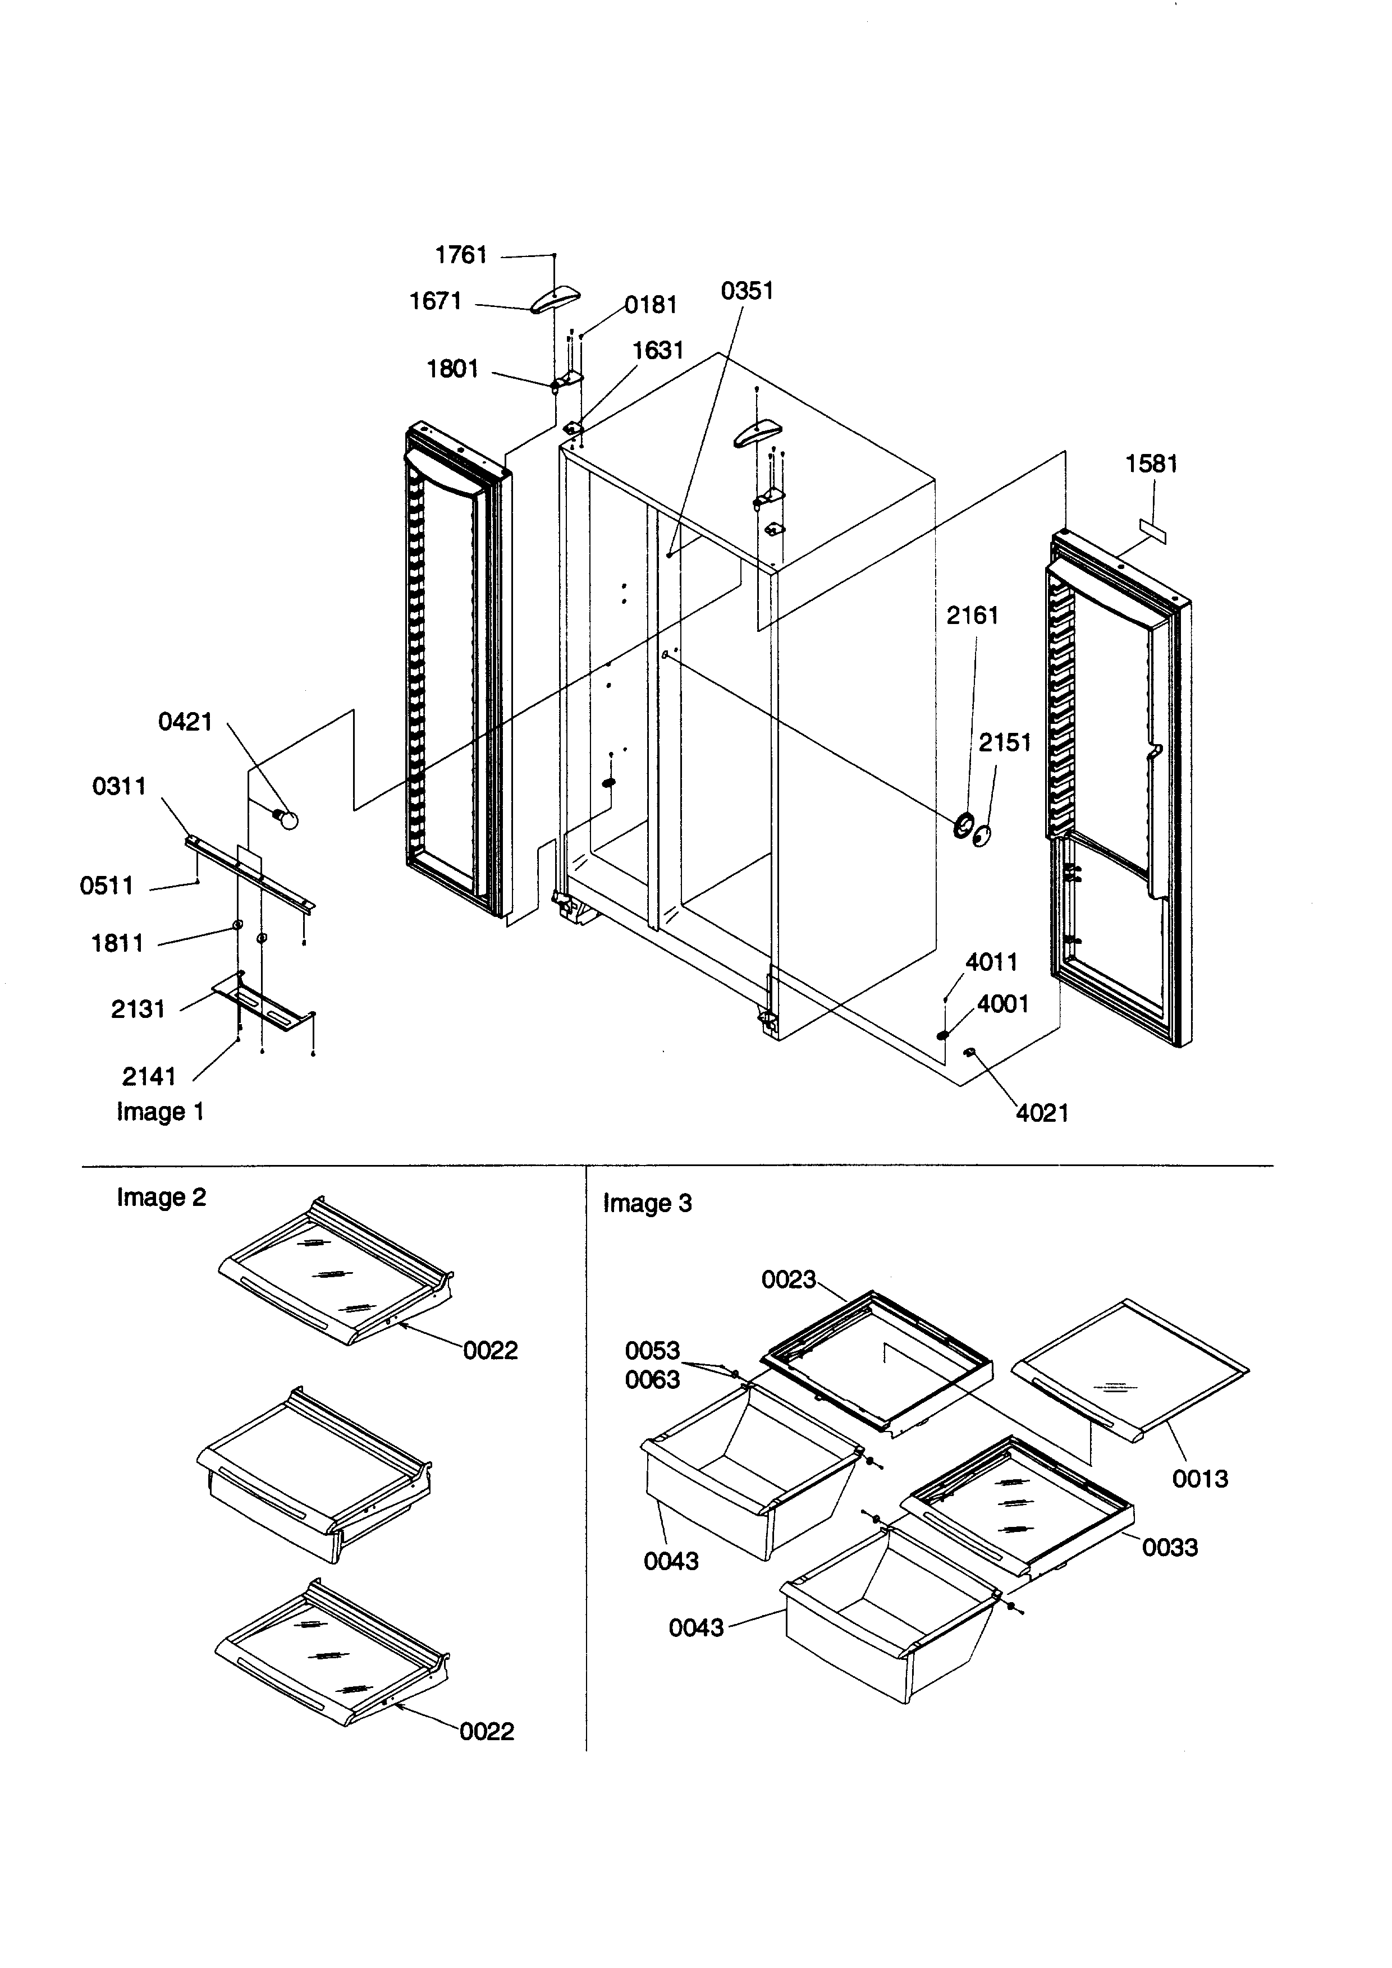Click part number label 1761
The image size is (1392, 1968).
(x=461, y=255)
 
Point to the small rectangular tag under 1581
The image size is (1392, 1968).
(x=1153, y=530)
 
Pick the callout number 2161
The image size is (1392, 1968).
(x=972, y=616)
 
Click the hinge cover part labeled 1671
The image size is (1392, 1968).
(x=556, y=299)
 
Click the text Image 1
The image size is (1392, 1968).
(x=161, y=1113)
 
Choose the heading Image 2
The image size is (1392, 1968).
(x=161, y=1198)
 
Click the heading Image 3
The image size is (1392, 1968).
(x=647, y=1204)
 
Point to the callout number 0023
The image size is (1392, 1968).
(x=789, y=1279)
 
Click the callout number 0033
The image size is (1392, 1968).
(x=1169, y=1547)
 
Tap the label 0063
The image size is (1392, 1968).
(x=652, y=1380)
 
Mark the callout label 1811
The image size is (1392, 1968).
(x=117, y=944)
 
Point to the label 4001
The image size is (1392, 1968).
(x=1003, y=1004)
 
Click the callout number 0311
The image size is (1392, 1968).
(x=119, y=786)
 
